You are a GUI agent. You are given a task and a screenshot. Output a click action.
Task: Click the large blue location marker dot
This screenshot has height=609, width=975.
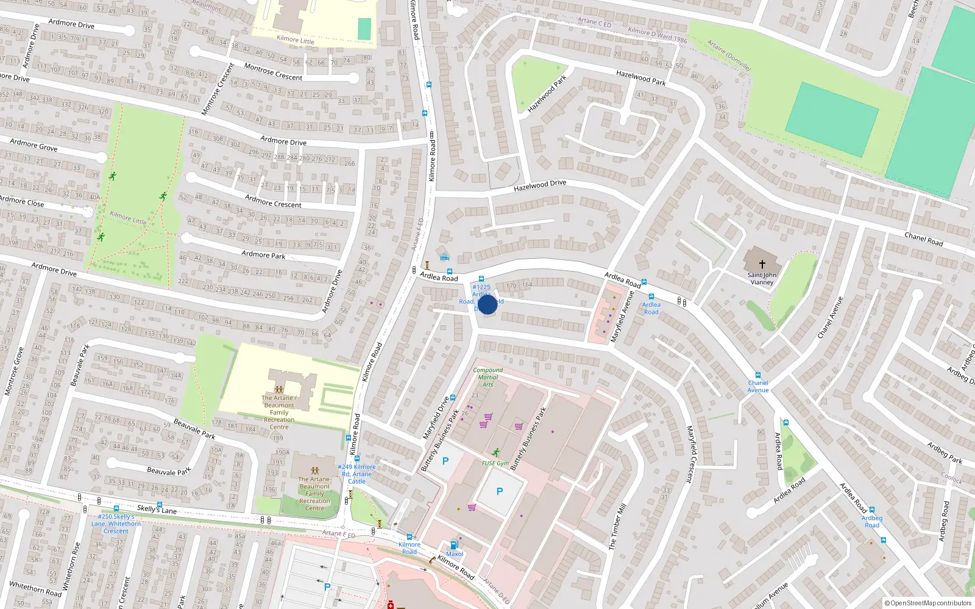(487, 304)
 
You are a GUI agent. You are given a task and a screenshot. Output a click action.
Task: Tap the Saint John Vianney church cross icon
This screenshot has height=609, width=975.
(762, 264)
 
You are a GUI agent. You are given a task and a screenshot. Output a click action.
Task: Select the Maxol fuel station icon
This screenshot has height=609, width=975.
(453, 545)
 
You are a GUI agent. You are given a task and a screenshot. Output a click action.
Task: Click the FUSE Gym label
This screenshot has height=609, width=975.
(495, 463)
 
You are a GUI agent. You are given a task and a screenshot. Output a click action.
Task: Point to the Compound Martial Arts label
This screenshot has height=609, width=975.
(487, 377)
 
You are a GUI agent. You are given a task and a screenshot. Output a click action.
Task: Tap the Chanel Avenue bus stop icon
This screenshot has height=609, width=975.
(758, 375)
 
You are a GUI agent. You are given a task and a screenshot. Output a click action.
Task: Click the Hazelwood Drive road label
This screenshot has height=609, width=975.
(540, 185)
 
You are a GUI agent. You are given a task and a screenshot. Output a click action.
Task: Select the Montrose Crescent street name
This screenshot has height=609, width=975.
(273, 72)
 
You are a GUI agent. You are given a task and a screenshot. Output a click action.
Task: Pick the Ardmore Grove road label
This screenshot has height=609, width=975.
(34, 145)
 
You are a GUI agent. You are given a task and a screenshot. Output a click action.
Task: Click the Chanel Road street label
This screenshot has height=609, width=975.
(923, 239)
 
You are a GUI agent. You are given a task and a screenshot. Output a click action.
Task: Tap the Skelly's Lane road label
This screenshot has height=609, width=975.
(157, 509)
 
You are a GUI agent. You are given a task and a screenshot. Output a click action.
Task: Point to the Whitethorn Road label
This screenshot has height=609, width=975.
(35, 589)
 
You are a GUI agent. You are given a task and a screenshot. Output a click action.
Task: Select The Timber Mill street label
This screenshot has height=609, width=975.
(617, 527)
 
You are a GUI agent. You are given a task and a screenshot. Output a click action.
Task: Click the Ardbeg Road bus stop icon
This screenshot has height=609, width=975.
(871, 510)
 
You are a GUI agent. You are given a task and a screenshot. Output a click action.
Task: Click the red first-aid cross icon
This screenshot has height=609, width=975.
(391, 605)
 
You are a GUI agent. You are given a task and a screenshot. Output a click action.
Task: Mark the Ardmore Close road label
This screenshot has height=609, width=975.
(22, 201)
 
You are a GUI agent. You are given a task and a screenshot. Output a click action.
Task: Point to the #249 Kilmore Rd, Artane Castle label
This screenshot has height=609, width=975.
(356, 474)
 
